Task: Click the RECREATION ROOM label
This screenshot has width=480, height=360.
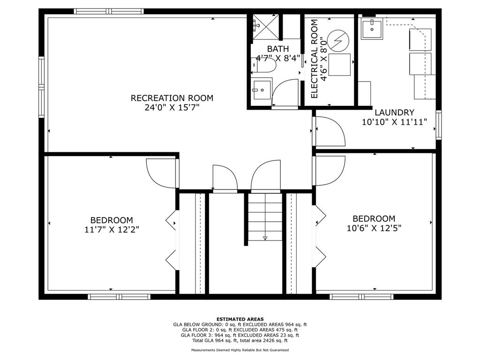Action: pyautogui.click(x=172, y=98)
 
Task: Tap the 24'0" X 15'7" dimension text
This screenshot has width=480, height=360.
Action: pyautogui.click(x=172, y=108)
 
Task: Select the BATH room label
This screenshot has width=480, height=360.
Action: pyautogui.click(x=278, y=49)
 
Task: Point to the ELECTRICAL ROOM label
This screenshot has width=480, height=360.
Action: pyautogui.click(x=315, y=59)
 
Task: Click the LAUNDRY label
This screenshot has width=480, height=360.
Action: pyautogui.click(x=394, y=112)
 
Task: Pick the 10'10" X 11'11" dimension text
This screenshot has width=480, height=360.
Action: pyautogui.click(x=394, y=122)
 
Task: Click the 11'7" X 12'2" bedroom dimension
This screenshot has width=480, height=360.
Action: pyautogui.click(x=112, y=230)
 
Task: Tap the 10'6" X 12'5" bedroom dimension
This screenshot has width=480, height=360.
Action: pyautogui.click(x=374, y=228)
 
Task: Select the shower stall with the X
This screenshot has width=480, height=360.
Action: pyautogui.click(x=265, y=27)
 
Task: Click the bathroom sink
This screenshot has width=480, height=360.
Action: pyautogui.click(x=261, y=90)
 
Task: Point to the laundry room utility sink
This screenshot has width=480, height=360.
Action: pyautogui.click(x=372, y=29)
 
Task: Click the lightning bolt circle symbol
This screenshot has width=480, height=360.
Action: pyautogui.click(x=338, y=40)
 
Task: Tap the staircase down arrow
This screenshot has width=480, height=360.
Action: pyautogui.click(x=265, y=238)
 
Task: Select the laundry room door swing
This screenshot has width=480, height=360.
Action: pyautogui.click(x=330, y=131)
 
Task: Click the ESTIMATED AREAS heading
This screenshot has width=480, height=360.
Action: pyautogui.click(x=240, y=319)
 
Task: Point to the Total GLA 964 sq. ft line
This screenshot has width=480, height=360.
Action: pyautogui.click(x=240, y=340)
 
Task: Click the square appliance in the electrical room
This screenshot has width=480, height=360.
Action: pyautogui.click(x=339, y=65)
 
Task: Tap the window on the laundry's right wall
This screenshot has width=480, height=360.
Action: pyautogui.click(x=439, y=125)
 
